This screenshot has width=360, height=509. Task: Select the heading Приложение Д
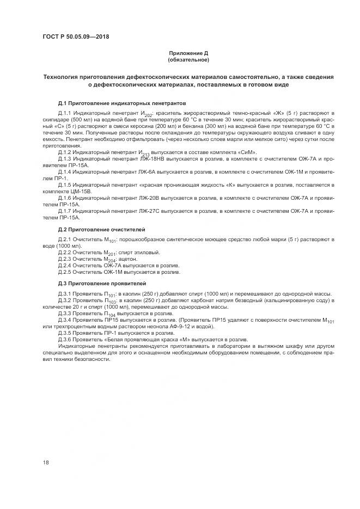(188, 53)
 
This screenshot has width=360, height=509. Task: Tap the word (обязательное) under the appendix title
(188, 59)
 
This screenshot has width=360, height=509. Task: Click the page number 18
(46, 462)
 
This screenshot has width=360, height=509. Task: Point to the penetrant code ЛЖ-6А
(147, 172)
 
